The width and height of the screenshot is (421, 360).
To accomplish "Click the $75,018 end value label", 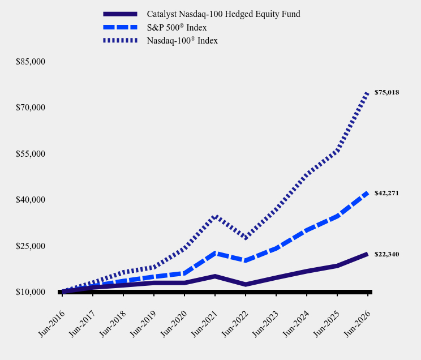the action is [386, 92].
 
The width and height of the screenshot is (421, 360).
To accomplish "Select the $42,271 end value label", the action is [386, 193].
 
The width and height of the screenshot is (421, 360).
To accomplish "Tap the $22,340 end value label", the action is [386, 254].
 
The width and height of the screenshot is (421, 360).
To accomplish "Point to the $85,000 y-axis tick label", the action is [31, 62].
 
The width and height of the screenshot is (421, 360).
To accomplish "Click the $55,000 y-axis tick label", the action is [31, 153].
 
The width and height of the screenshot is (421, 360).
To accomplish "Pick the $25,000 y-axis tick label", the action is [31, 246].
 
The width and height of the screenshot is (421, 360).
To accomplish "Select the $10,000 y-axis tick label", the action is [31, 292].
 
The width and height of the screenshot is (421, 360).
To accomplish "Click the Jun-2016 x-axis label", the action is [51, 324].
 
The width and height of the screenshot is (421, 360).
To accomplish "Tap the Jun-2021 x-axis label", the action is [204, 324].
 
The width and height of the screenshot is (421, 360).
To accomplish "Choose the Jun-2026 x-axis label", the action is [358, 324].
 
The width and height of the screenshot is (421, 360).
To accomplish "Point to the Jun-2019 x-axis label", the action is [143, 324].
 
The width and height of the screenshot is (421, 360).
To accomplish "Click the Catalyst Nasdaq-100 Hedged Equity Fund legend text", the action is [224, 14].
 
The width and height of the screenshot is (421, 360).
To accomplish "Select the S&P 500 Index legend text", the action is [177, 27].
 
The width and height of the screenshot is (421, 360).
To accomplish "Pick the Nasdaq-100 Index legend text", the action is [182, 41].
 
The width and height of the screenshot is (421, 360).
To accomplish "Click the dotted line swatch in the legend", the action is [121, 41].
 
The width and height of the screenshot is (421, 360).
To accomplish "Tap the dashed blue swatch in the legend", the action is [121, 27].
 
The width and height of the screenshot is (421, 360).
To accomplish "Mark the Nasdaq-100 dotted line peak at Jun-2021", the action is [215, 217].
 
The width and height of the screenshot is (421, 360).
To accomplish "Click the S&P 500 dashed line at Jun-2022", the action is [246, 260].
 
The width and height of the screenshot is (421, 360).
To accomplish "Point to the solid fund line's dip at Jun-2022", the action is [246, 285].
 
